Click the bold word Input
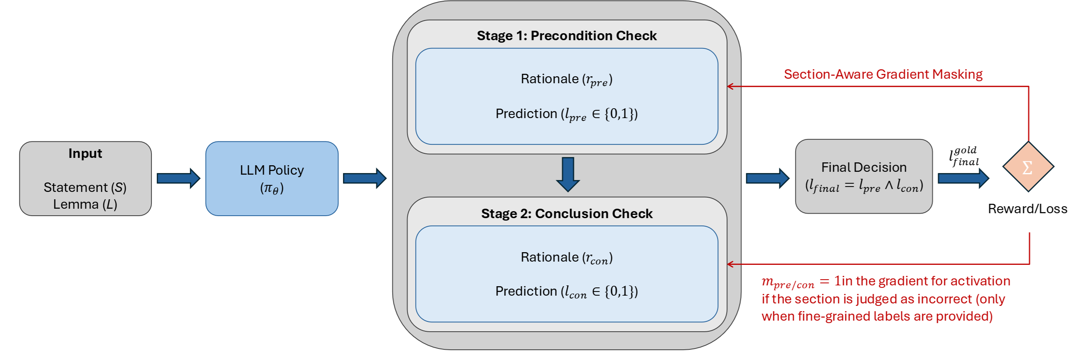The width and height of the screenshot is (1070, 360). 85,154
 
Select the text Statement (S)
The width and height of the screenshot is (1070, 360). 85,187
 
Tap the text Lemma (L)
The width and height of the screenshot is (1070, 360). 85,204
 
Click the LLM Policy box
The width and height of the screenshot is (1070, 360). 272,178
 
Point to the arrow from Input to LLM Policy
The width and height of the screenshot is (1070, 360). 178,178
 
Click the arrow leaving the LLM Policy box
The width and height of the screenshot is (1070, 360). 364,178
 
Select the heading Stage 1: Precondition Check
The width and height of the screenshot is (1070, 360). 567,36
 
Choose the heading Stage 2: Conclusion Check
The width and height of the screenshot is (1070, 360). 567,214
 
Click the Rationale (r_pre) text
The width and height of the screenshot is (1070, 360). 567,79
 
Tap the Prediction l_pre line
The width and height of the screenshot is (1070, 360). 567,114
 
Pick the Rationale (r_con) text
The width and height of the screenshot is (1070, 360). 567,258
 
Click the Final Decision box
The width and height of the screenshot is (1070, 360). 864,176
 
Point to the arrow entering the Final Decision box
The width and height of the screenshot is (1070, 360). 767,178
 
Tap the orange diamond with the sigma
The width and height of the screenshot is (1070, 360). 1028,167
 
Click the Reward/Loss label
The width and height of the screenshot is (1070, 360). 1027,209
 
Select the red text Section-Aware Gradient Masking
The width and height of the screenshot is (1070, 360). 883,74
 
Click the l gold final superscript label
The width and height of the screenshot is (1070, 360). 964,156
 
